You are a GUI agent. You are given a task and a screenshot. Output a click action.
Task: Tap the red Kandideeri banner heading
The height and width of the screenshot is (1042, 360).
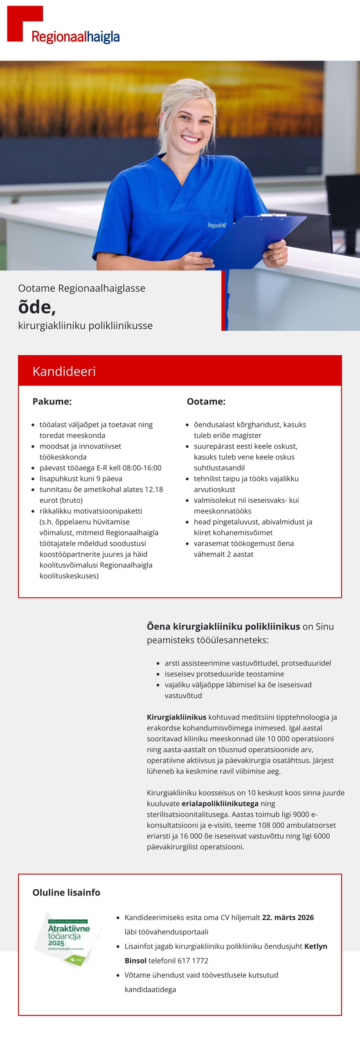pos(64,371)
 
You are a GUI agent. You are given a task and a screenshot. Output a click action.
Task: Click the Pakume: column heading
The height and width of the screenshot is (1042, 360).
pos(52,401)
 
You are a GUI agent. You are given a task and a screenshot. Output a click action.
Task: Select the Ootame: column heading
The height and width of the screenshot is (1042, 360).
pos(206,401)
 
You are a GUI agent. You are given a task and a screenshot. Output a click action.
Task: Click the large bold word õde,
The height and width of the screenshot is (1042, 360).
pos(37,307)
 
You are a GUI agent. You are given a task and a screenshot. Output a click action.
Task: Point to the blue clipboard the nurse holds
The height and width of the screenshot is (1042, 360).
pos(254,241)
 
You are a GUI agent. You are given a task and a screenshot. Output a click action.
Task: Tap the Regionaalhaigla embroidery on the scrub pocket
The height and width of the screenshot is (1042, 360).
pos(217,225)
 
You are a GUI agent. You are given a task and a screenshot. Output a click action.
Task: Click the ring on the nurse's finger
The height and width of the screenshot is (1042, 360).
pos(280,256)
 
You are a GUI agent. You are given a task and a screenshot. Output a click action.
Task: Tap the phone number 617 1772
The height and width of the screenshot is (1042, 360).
pos(193,960)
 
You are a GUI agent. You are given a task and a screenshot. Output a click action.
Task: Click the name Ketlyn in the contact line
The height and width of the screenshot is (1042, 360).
pos(315,946)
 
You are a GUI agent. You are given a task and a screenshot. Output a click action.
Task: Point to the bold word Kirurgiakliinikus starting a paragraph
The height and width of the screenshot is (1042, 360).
pos(176,717)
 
